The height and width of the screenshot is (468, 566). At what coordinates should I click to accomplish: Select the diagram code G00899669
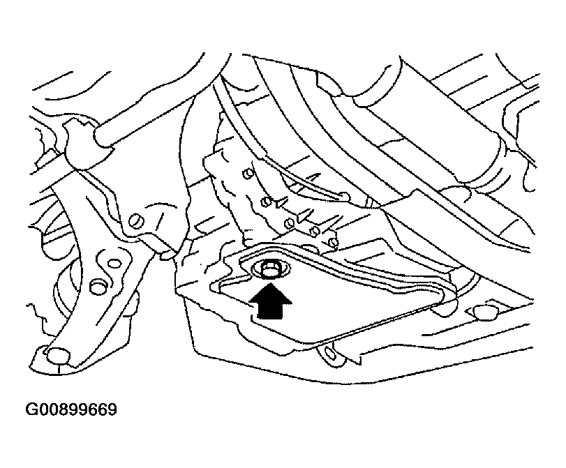[x=71, y=410]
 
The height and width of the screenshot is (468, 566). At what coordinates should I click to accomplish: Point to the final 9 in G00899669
[x=112, y=410]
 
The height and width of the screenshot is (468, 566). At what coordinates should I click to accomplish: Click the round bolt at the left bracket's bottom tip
[x=58, y=356]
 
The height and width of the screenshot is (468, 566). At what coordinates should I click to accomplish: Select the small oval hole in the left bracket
[x=114, y=264]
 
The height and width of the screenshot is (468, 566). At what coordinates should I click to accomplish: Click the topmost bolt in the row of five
[x=248, y=174]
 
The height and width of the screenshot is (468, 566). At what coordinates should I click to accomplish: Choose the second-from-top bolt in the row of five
[x=266, y=202]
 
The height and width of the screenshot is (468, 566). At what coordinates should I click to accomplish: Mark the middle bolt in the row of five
[x=289, y=223]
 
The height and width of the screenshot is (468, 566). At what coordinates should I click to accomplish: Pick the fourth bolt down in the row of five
[x=315, y=232]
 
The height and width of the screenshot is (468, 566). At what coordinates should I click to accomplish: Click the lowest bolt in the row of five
[x=334, y=242]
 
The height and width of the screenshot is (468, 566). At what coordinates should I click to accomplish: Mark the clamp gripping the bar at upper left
[x=80, y=144]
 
